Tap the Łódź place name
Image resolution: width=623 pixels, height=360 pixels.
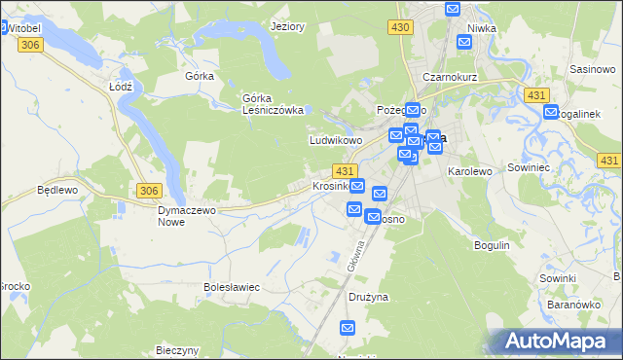[120, 86]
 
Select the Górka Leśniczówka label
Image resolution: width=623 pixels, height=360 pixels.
[274, 103]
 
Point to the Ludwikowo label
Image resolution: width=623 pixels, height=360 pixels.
[336, 140]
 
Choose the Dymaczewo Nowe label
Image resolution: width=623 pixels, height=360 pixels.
[187, 215]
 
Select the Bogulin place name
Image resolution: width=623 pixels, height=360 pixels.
[492, 245]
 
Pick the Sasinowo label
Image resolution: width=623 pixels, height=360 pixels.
[592, 70]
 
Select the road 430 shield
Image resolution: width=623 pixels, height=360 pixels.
[399, 28]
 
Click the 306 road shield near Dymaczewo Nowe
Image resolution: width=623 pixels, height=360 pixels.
[149, 191]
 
